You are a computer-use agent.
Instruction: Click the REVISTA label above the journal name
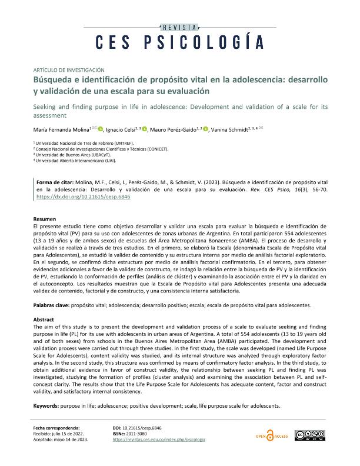pyautogui.click(x=180, y=27)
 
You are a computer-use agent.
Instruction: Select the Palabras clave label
pyautogui.click(x=51, y=307)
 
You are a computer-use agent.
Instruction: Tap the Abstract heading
pyautogui.click(x=43, y=319)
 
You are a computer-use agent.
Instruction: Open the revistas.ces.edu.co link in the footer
pyautogui.click(x=158, y=440)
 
